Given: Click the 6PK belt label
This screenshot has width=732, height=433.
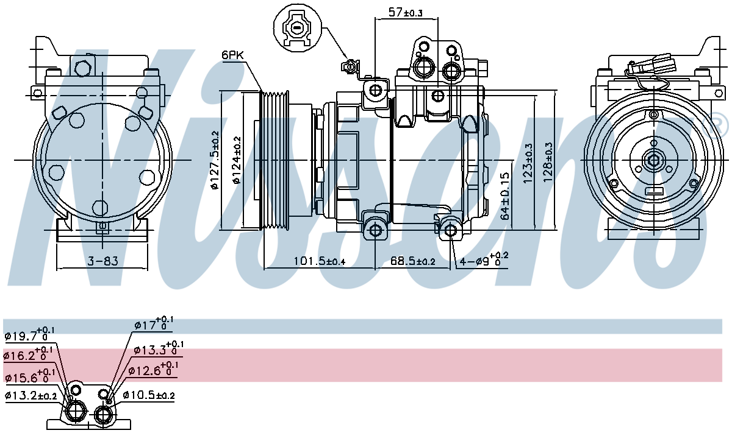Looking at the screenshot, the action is (232, 55).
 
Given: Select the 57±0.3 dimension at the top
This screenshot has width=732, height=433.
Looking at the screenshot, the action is (405, 13).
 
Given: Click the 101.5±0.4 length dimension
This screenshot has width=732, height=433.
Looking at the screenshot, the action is (319, 261).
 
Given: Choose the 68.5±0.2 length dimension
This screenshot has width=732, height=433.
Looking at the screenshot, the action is (413, 261).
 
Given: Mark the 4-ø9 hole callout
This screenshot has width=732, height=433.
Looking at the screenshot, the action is (484, 259).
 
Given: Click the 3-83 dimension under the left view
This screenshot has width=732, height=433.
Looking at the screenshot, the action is (102, 261).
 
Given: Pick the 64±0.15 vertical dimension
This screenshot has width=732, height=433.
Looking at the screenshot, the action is (505, 195).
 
